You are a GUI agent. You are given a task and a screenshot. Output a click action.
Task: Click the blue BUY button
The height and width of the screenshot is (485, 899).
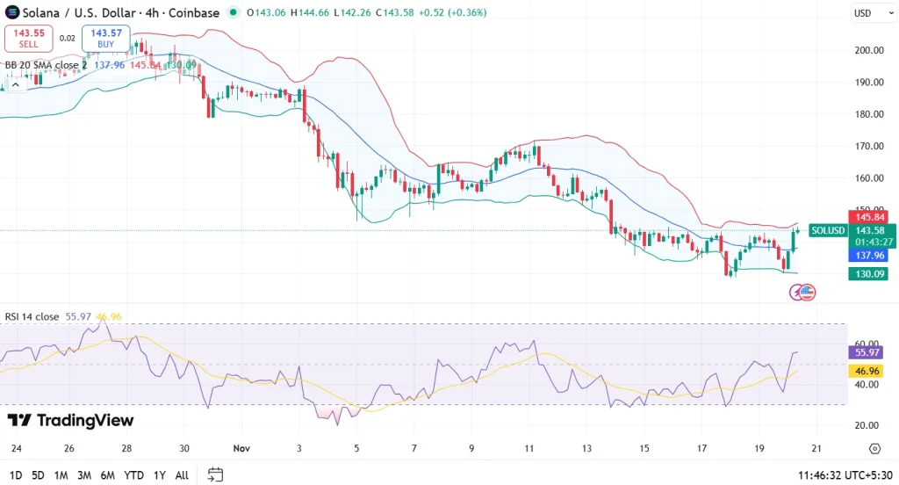105,38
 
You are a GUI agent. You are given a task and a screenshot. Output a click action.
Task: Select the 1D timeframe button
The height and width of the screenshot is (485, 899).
16,474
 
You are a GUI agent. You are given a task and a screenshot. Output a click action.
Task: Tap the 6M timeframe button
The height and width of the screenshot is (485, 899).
107,474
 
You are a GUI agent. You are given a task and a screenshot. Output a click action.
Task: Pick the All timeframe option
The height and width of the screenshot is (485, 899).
182,474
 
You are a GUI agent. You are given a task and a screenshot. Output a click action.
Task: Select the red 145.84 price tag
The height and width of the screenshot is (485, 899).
867,217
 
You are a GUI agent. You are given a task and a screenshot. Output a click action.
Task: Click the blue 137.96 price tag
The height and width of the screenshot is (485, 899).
867,256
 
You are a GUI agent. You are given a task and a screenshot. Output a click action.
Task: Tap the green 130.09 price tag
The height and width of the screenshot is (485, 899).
867,274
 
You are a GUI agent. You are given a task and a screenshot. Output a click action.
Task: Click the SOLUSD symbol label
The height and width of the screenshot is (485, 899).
828,231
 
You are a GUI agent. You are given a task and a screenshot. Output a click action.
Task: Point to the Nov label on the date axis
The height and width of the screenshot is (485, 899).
242,448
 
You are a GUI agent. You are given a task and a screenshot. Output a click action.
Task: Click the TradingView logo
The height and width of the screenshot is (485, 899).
71,421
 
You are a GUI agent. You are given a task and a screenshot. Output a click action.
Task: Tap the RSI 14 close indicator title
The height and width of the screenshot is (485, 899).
32,316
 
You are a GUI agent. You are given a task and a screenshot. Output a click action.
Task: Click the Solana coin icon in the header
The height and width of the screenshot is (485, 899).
12,13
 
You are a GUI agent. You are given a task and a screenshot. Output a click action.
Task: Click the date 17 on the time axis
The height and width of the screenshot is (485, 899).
702,448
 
